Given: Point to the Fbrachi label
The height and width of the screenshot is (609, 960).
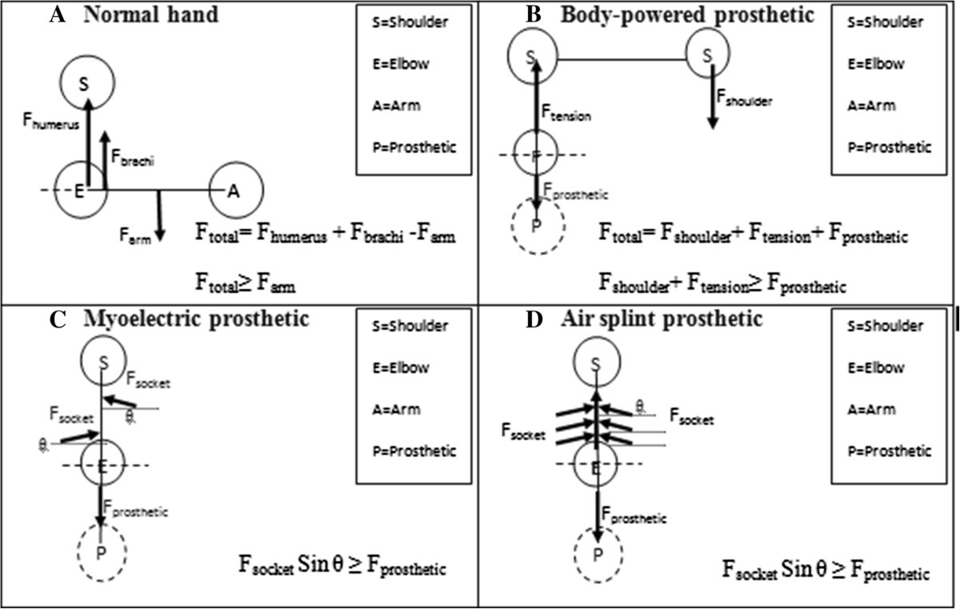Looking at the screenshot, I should click(x=133, y=160).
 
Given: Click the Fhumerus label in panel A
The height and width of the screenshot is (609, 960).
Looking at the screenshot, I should click(x=50, y=123).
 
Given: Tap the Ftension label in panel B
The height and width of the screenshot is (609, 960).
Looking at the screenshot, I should click(x=566, y=115).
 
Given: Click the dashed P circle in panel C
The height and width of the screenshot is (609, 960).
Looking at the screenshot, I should click(x=102, y=551).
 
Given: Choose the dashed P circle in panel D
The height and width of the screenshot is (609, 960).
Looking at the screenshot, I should click(x=597, y=551).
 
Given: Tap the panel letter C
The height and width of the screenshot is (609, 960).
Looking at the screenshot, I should click(x=57, y=319).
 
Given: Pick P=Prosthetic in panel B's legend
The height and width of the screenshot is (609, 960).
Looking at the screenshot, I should click(x=890, y=147).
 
